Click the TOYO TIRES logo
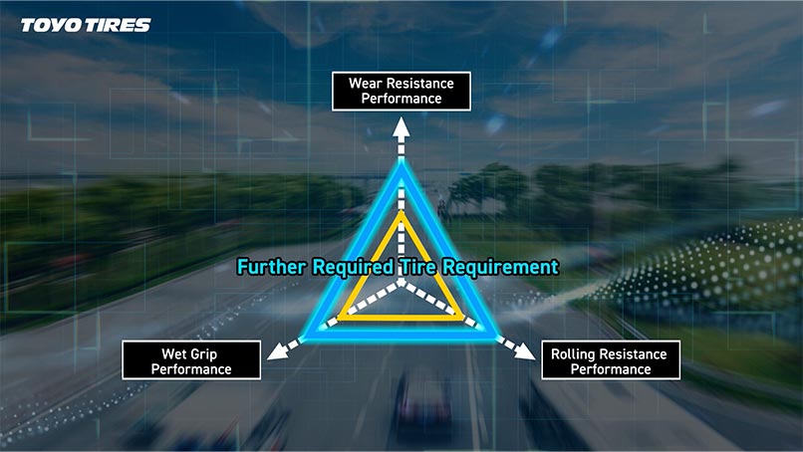86,25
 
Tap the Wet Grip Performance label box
190,360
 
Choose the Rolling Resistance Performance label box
611,360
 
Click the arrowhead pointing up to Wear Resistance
401,125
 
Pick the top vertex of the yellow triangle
401,213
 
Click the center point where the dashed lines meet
401,283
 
